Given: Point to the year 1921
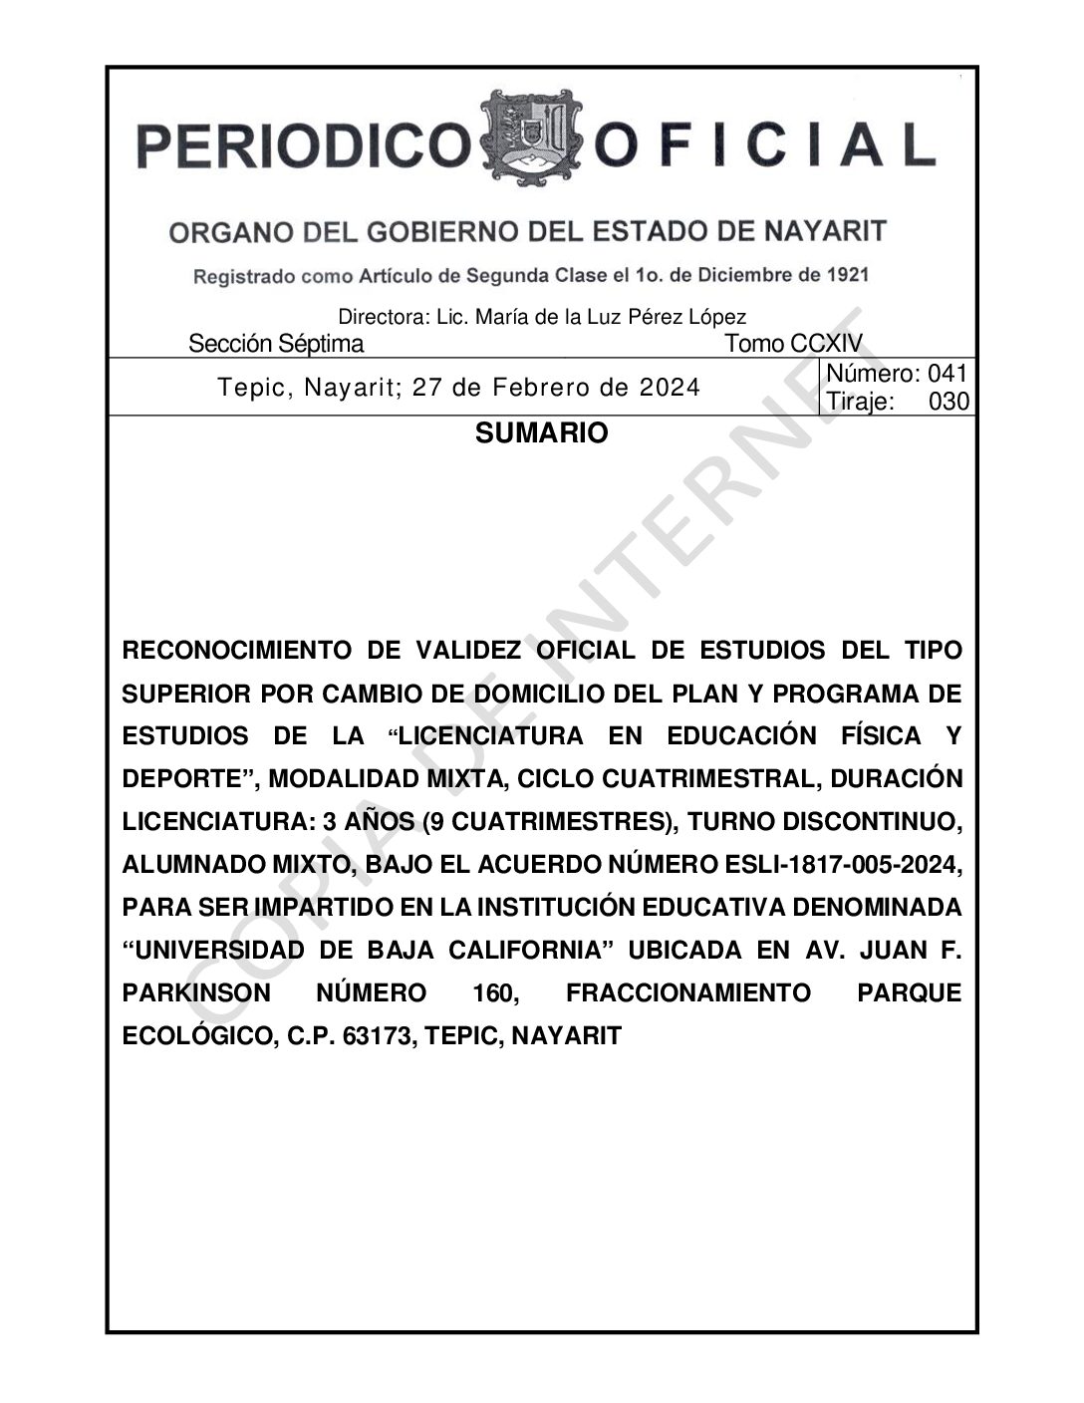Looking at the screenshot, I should pyautogui.click(x=846, y=274).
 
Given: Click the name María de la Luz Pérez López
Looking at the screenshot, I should pyautogui.click(x=611, y=318).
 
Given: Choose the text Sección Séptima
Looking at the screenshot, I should pyautogui.click(x=276, y=345).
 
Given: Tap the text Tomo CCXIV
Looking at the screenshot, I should pyautogui.click(x=793, y=345).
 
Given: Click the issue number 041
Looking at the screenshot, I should pyautogui.click(x=948, y=375).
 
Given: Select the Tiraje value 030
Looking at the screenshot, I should pyautogui.click(x=948, y=402).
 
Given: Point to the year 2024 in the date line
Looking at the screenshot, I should pyautogui.click(x=670, y=388).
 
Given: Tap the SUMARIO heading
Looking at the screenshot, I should pyautogui.click(x=541, y=434).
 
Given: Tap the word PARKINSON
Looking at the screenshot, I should pyautogui.click(x=196, y=993).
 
